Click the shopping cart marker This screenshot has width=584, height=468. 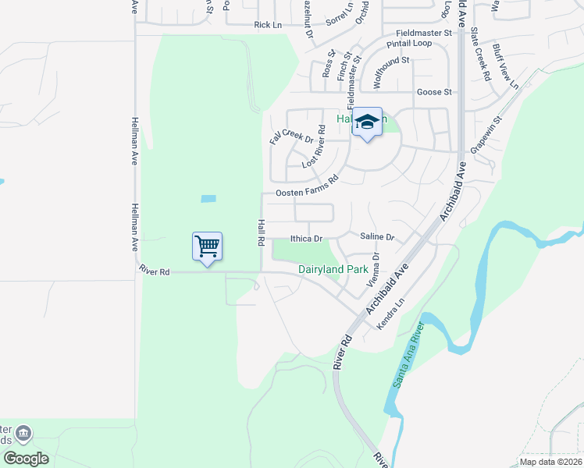[x=207, y=247]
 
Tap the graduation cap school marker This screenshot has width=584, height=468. [x=367, y=122]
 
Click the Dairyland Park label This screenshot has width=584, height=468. [x=333, y=270]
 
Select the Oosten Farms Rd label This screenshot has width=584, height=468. [x=306, y=186]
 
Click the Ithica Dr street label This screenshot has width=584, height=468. [x=306, y=239]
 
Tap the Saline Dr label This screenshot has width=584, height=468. [x=378, y=236]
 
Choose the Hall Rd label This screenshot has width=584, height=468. [x=261, y=233]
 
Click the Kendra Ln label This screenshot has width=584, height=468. [x=392, y=313]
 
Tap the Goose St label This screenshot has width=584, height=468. [x=434, y=92]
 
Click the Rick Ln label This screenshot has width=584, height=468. [x=267, y=25]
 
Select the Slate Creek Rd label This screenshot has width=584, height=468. [x=480, y=55]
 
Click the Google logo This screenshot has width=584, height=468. [x=26, y=459]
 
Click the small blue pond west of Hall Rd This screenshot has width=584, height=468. [x=208, y=199]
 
